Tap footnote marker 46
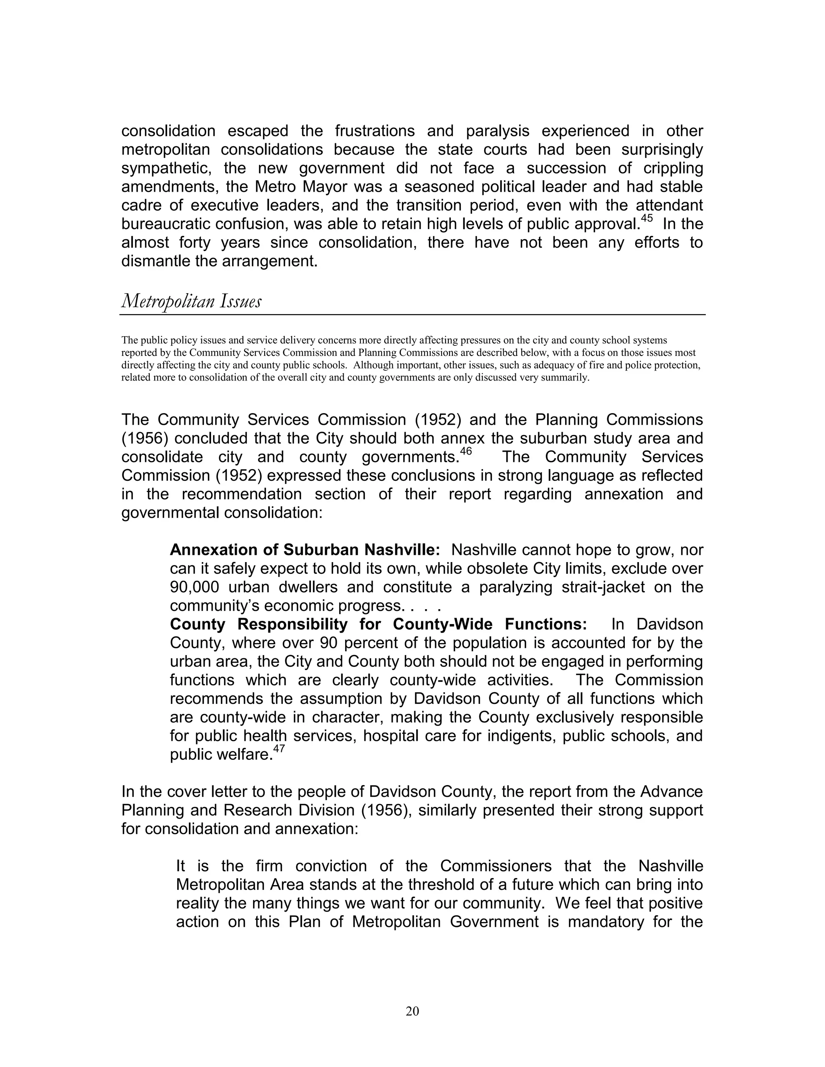click(466, 451)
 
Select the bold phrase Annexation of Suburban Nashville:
click(305, 550)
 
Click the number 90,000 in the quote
click(199, 587)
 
